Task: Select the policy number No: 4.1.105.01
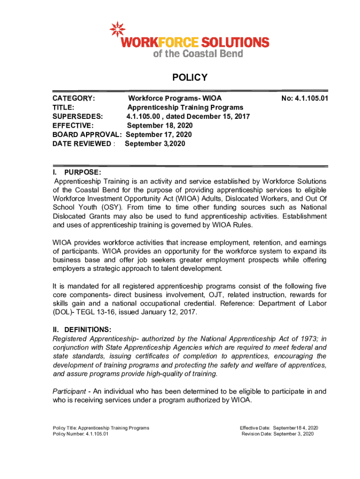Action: pyautogui.click(x=304, y=99)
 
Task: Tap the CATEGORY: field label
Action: pyautogui.click(x=74, y=99)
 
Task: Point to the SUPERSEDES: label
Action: pyautogui.click(x=78, y=116)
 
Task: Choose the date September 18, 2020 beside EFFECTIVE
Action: pyautogui.click(x=159, y=125)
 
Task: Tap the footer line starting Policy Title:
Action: pyautogui.click(x=101, y=428)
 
